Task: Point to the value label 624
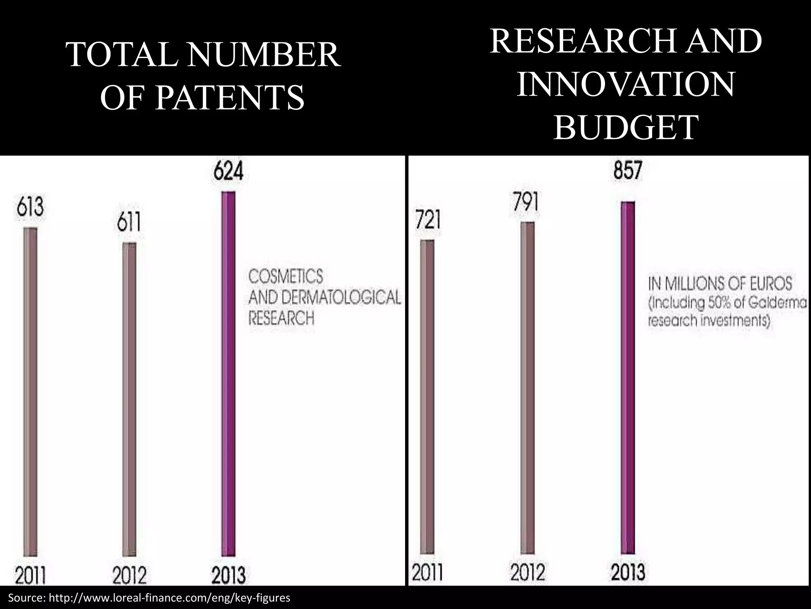[x=228, y=173]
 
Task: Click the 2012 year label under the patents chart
[x=129, y=576]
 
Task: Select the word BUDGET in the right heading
[x=626, y=127]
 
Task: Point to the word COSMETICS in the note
[x=286, y=276]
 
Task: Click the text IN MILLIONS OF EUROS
[x=720, y=284]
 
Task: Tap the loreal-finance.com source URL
[x=174, y=598]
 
